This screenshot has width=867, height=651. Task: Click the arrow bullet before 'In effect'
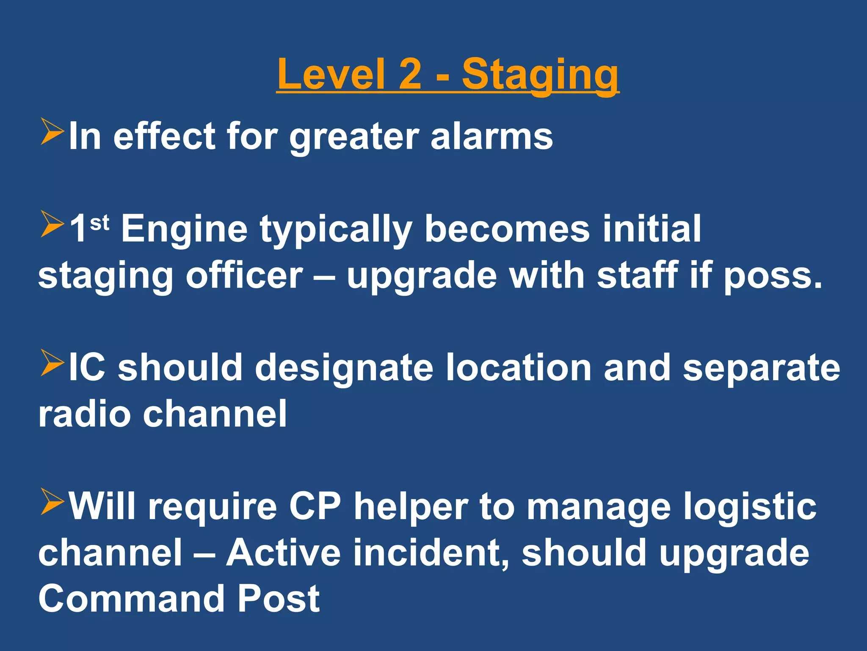point(52,132)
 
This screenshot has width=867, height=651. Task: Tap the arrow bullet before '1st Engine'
point(52,225)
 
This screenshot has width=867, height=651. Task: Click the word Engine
point(185,230)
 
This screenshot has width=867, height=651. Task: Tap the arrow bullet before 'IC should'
point(52,363)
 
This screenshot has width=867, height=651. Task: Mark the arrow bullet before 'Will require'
point(52,502)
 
